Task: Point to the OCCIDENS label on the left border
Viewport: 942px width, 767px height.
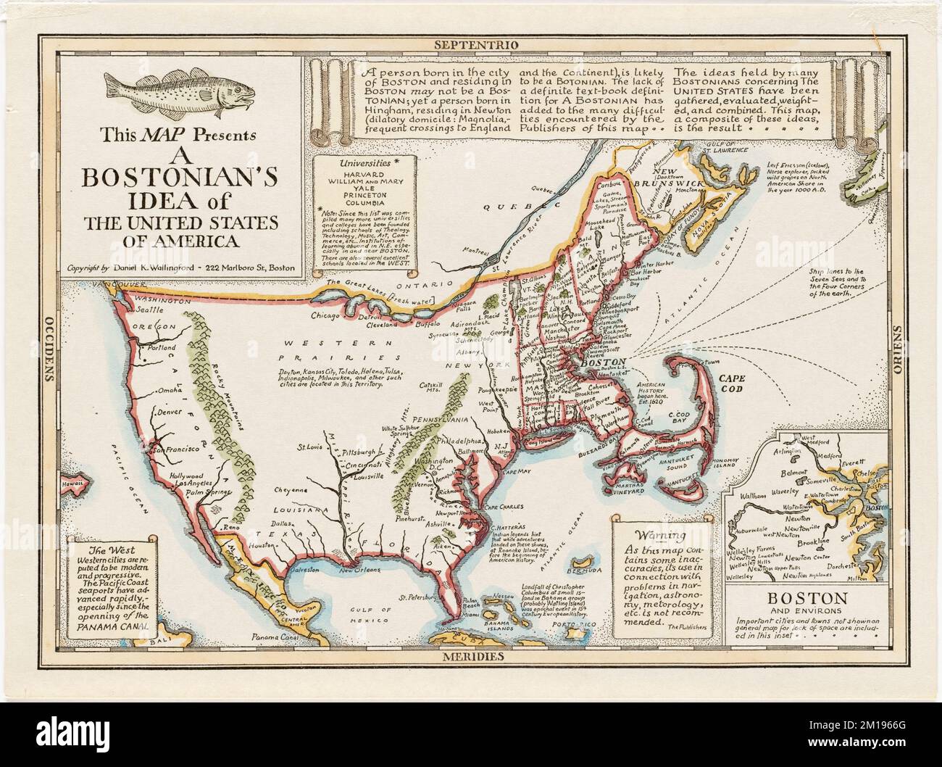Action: coord(50,348)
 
